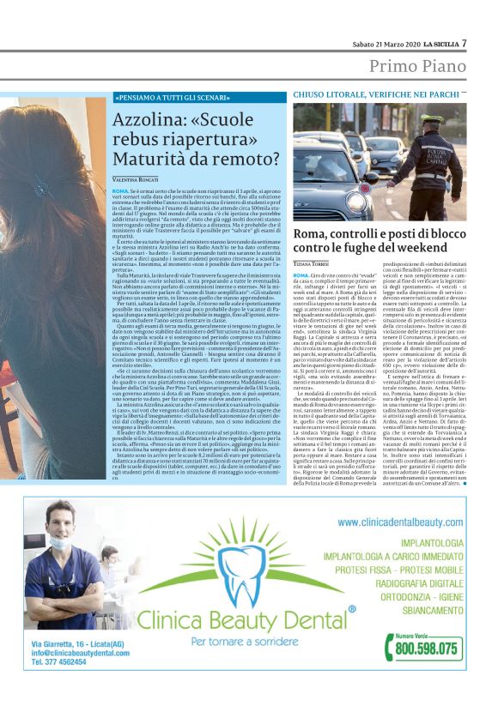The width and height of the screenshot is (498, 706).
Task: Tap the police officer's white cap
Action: (x=432, y=119)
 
